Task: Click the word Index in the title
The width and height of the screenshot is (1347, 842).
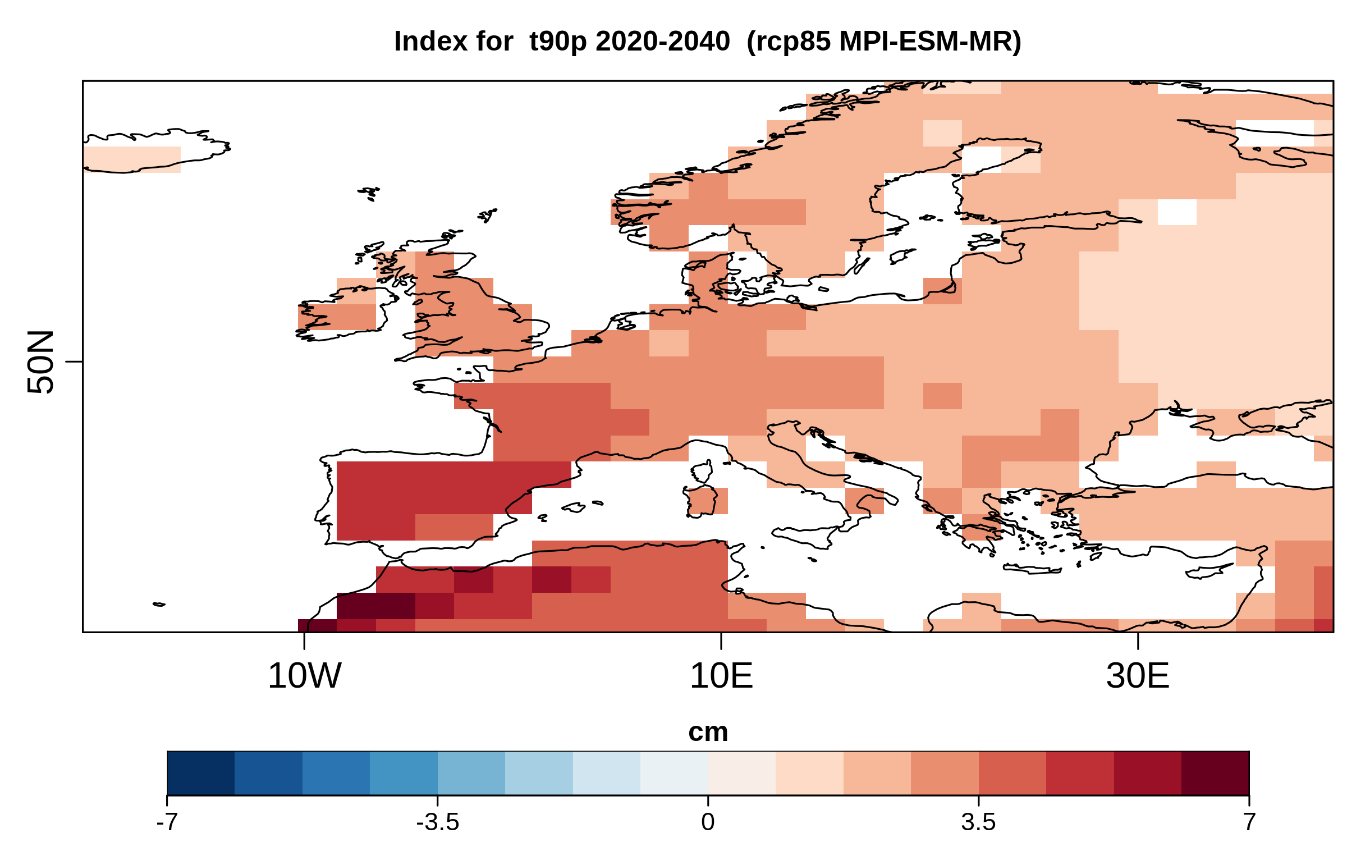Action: [453, 42]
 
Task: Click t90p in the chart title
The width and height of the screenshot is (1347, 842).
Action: [558, 42]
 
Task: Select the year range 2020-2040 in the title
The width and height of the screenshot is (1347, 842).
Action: [663, 42]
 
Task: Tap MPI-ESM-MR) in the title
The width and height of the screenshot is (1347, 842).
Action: [930, 42]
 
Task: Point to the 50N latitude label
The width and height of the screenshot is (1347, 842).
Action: [40, 361]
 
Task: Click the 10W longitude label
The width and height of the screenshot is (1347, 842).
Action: [304, 676]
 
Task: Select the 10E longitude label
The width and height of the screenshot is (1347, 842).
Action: [721, 676]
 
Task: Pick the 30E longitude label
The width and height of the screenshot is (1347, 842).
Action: [1138, 676]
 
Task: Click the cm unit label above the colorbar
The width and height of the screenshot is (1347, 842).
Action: [708, 732]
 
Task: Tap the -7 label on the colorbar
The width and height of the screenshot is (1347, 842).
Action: [167, 822]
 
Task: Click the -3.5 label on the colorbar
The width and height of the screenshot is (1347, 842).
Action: [437, 822]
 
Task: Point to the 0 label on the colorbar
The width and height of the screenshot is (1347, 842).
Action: [708, 822]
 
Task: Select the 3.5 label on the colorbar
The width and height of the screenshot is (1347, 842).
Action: [978, 822]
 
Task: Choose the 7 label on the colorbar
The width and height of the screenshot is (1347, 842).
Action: [1249, 822]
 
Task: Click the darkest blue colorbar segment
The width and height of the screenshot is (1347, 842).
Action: [200, 773]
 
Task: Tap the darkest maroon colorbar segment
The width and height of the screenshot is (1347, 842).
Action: [1215, 773]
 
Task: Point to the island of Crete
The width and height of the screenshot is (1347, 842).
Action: [1032, 570]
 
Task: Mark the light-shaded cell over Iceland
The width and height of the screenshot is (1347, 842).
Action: [132, 159]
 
